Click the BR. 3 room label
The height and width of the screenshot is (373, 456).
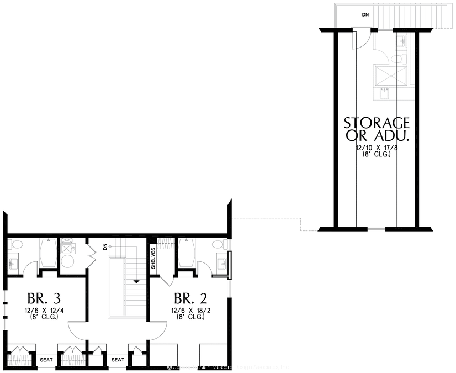coord(38,299)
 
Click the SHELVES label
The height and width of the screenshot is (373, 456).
coord(153,258)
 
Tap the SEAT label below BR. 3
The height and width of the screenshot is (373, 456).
coord(46,360)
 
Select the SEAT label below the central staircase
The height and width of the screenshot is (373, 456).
coord(118,360)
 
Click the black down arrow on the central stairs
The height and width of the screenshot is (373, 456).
coord(136,281)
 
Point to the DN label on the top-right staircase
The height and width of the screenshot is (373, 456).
coord(365,14)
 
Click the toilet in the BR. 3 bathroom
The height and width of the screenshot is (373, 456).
coord(16,245)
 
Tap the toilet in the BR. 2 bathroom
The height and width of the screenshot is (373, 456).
coord(219,244)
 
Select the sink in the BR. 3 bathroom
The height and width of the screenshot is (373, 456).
coord(13,264)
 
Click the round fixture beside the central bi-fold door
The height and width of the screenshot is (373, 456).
coord(68,260)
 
